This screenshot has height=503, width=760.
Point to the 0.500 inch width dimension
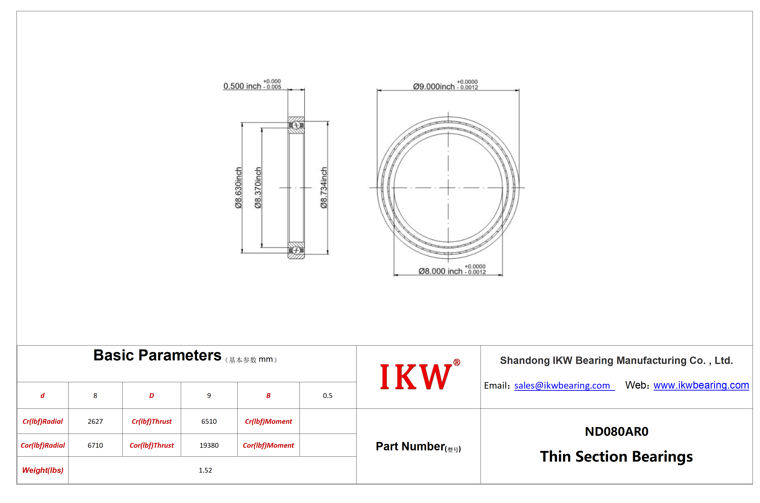click(252, 85)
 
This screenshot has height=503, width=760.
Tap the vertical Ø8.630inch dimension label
click(238, 188)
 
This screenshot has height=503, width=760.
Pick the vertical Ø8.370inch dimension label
click(258, 188)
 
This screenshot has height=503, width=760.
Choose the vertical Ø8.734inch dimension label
click(323, 188)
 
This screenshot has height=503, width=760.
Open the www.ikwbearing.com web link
click(701, 385)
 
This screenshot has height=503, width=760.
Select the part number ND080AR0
click(616, 431)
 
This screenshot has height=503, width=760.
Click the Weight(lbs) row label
click(43, 470)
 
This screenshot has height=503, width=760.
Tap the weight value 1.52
click(205, 470)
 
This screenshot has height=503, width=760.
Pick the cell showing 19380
click(209, 445)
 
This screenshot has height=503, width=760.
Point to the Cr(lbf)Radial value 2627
click(95, 421)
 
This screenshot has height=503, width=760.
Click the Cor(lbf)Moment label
click(268, 445)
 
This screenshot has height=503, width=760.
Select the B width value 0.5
click(328, 396)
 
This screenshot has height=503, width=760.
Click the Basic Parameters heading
click(157, 355)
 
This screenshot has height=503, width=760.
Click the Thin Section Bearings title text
click(616, 457)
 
